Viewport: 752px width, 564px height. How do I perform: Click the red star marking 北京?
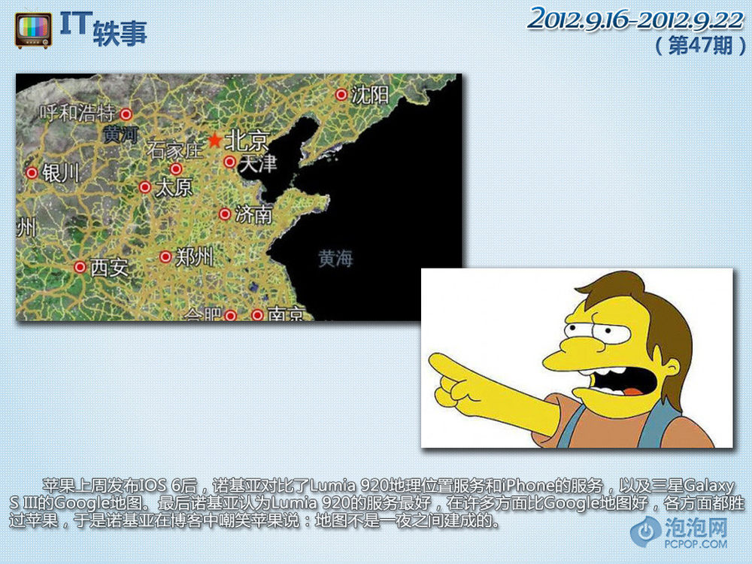(214, 141)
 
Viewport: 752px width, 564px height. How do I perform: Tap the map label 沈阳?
(369, 95)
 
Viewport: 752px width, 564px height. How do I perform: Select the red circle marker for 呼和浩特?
(126, 114)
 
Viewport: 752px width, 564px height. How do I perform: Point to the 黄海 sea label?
(335, 259)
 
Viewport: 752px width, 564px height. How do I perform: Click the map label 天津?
(257, 163)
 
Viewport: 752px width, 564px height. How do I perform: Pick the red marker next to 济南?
(225, 214)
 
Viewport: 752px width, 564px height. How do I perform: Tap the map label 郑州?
(194, 257)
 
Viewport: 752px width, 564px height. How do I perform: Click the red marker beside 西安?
(80, 267)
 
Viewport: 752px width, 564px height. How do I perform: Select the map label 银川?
(60, 173)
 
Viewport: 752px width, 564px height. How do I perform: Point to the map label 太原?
(174, 187)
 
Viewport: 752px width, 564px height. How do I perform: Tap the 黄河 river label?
(121, 135)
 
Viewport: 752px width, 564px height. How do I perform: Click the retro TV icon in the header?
(33, 31)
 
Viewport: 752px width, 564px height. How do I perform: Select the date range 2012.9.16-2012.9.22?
(636, 20)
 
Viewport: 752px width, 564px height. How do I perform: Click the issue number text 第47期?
(701, 46)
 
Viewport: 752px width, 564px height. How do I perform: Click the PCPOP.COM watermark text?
(696, 544)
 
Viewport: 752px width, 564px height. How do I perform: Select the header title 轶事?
(120, 34)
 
